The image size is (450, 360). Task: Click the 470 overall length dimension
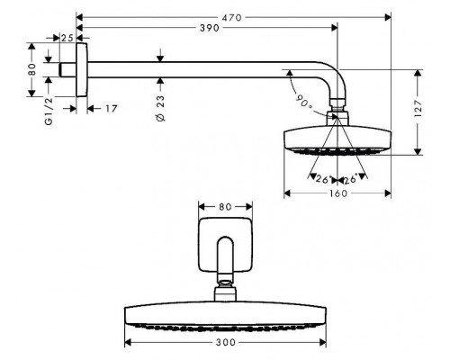[234, 15]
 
